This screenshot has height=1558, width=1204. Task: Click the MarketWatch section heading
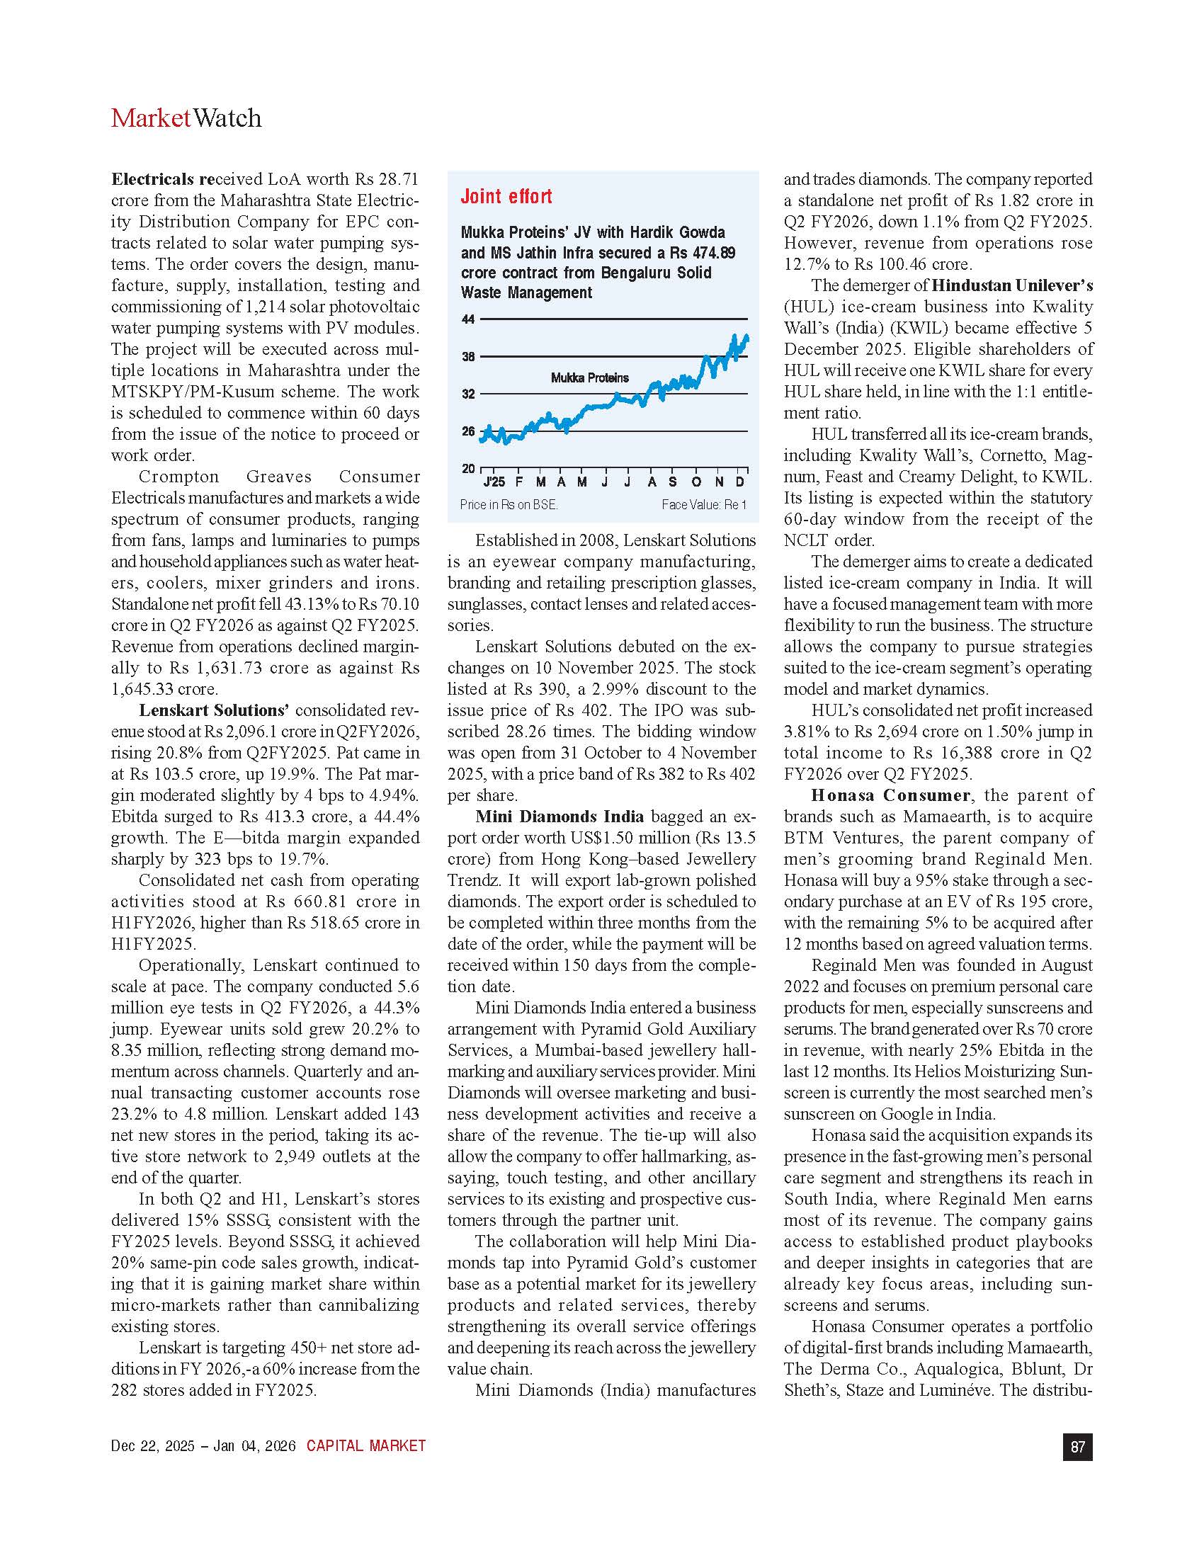[186, 118]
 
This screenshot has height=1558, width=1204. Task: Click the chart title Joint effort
[506, 197]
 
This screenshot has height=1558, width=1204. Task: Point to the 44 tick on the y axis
[468, 319]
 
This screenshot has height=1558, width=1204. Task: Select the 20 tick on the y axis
[468, 469]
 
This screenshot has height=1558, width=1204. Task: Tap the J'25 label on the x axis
[494, 482]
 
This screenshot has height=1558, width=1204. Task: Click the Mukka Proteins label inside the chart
[589, 377]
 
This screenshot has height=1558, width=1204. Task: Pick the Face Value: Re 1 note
[703, 505]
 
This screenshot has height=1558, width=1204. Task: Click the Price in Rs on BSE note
[509, 505]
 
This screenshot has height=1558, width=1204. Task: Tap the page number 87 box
[1077, 1447]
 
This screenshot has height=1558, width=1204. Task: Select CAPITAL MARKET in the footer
[366, 1446]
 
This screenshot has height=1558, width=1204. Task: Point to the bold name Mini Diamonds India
[560, 817]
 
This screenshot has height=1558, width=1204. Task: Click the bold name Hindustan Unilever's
[1012, 285]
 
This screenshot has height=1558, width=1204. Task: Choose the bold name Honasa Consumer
[890, 795]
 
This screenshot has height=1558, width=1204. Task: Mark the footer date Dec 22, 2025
[152, 1446]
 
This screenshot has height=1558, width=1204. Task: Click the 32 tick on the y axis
[468, 394]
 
